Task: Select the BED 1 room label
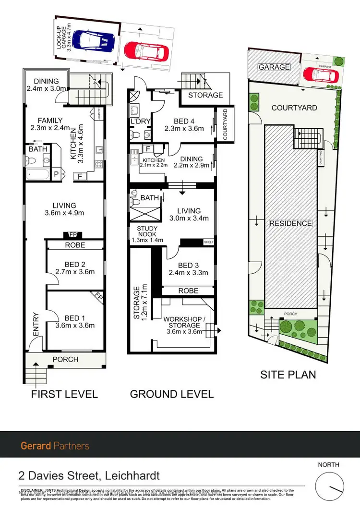(75, 321)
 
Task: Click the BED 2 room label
(75, 267)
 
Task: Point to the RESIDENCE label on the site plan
(290, 223)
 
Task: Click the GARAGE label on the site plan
(274, 67)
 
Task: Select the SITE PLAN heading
(288, 375)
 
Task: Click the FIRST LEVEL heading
(64, 394)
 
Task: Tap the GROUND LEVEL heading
(172, 394)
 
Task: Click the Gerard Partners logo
(55, 446)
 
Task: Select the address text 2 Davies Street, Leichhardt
(89, 476)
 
